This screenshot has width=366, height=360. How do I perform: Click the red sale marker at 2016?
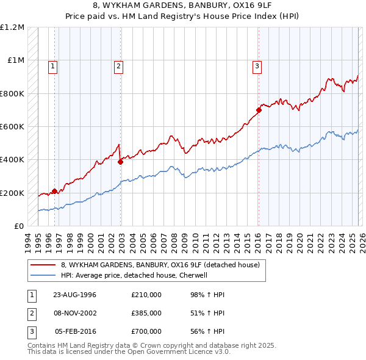pyautogui.click(x=259, y=110)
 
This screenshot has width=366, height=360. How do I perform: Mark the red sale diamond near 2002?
pyautogui.click(x=121, y=162)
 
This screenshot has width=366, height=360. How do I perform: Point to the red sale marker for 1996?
pyautogui.click(x=55, y=191)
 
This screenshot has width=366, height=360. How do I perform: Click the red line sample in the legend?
pyautogui.click(x=44, y=265)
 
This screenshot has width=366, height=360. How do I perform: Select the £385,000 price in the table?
pyautogui.click(x=146, y=313)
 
